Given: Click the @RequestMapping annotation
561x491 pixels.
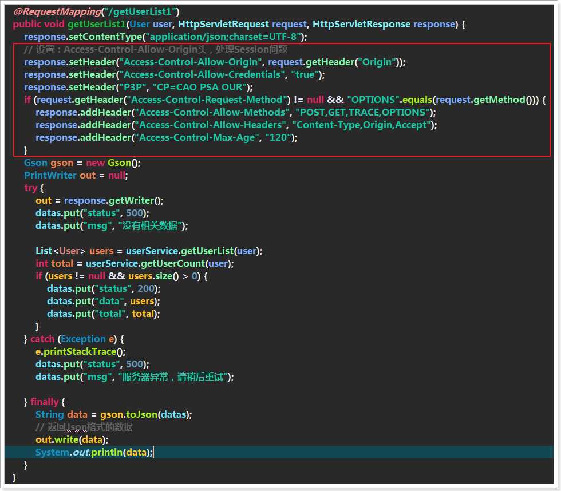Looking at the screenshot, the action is click(x=57, y=12).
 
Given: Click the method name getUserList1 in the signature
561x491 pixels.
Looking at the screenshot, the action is click(x=97, y=24).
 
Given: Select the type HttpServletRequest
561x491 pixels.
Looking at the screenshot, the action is click(x=223, y=24).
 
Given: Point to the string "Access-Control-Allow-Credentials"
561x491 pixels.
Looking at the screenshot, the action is click(x=202, y=75).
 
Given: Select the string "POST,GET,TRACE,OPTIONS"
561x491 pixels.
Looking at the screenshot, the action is click(x=363, y=112).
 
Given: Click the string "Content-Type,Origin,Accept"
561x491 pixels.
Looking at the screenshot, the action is click(x=362, y=125).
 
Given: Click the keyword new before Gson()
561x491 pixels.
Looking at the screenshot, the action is click(x=95, y=163).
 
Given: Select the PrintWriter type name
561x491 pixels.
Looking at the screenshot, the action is click(x=50, y=176).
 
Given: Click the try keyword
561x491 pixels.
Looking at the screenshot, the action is click(x=31, y=188).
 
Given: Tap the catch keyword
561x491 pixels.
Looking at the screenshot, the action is click(x=42, y=339).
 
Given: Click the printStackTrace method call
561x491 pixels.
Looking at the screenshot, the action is click(x=80, y=352).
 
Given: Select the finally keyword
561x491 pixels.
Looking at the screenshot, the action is click(x=45, y=402).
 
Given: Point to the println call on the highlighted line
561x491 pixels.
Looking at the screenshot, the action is click(x=107, y=453).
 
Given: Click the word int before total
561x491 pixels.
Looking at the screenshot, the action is click(x=41, y=264).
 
